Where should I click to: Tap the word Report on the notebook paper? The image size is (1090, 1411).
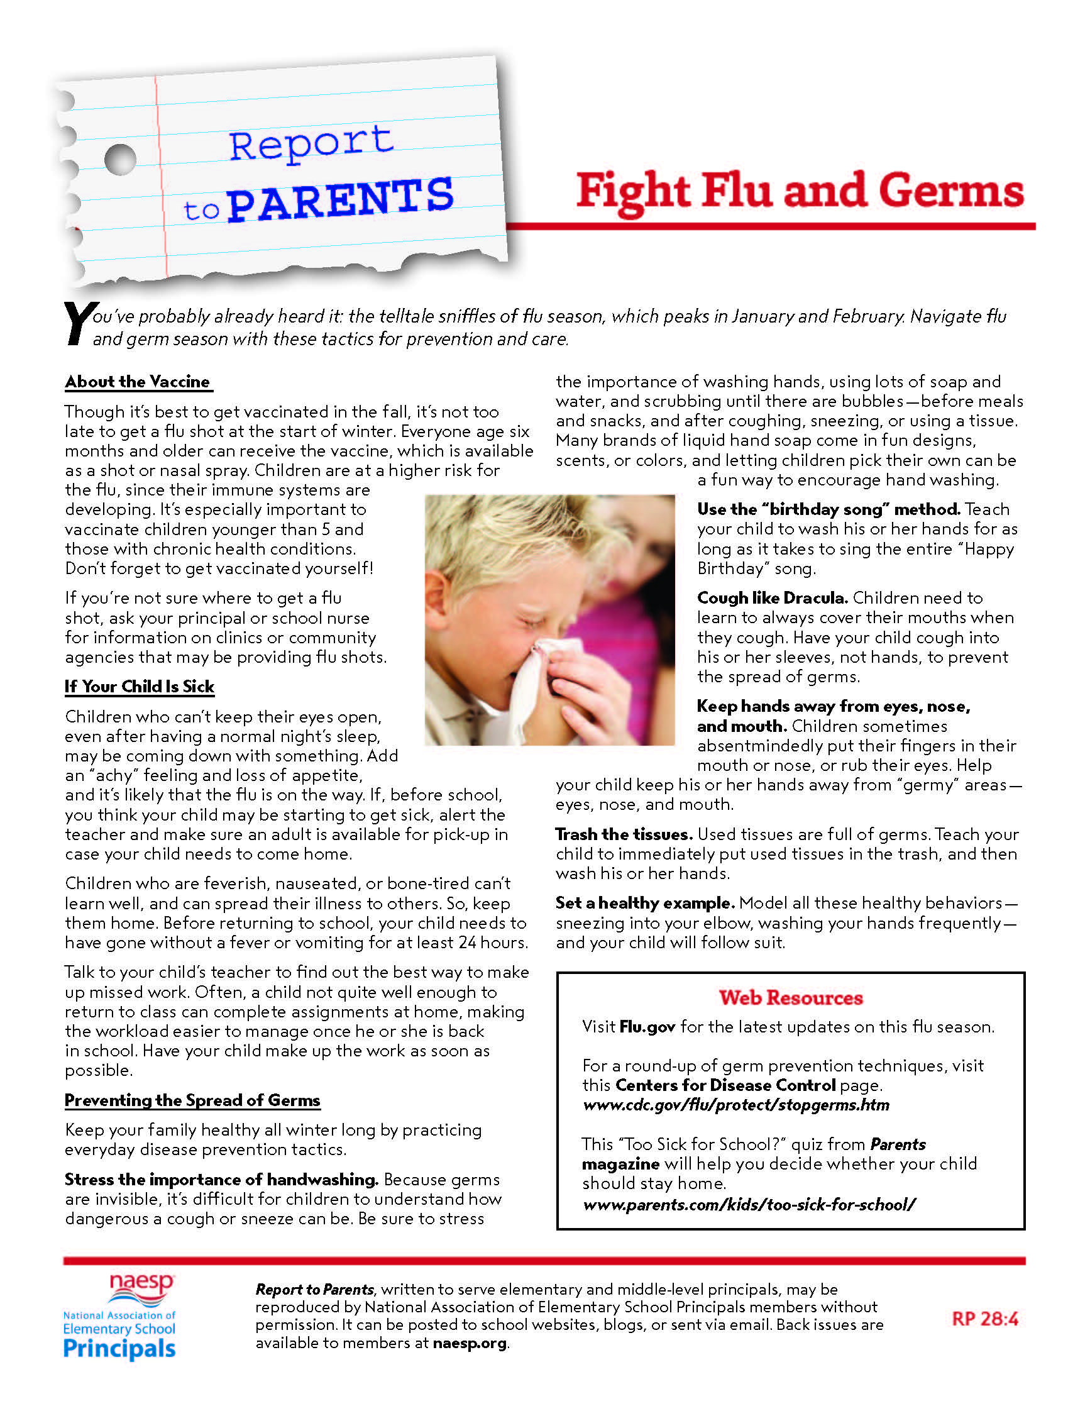click(x=311, y=143)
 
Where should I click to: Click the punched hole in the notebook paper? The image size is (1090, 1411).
click(x=120, y=158)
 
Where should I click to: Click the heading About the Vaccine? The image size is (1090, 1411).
click(x=138, y=382)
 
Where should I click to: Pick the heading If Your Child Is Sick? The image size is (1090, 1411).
click(x=140, y=687)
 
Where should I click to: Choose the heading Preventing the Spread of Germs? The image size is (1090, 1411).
click(x=192, y=1100)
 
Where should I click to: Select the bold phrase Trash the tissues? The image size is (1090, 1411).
click(x=624, y=834)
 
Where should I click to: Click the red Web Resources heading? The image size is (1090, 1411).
click(x=790, y=997)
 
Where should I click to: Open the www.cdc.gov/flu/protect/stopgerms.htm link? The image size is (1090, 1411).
click(x=735, y=1105)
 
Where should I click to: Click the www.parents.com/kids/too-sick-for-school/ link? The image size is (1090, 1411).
click(x=749, y=1204)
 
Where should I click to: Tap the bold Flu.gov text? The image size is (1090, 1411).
click(x=647, y=1027)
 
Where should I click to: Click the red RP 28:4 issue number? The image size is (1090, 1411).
click(x=985, y=1319)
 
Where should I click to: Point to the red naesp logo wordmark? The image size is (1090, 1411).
click(x=141, y=1284)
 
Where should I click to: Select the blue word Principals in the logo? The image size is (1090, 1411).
click(x=119, y=1349)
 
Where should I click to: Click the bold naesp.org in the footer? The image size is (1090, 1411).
click(x=470, y=1342)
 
